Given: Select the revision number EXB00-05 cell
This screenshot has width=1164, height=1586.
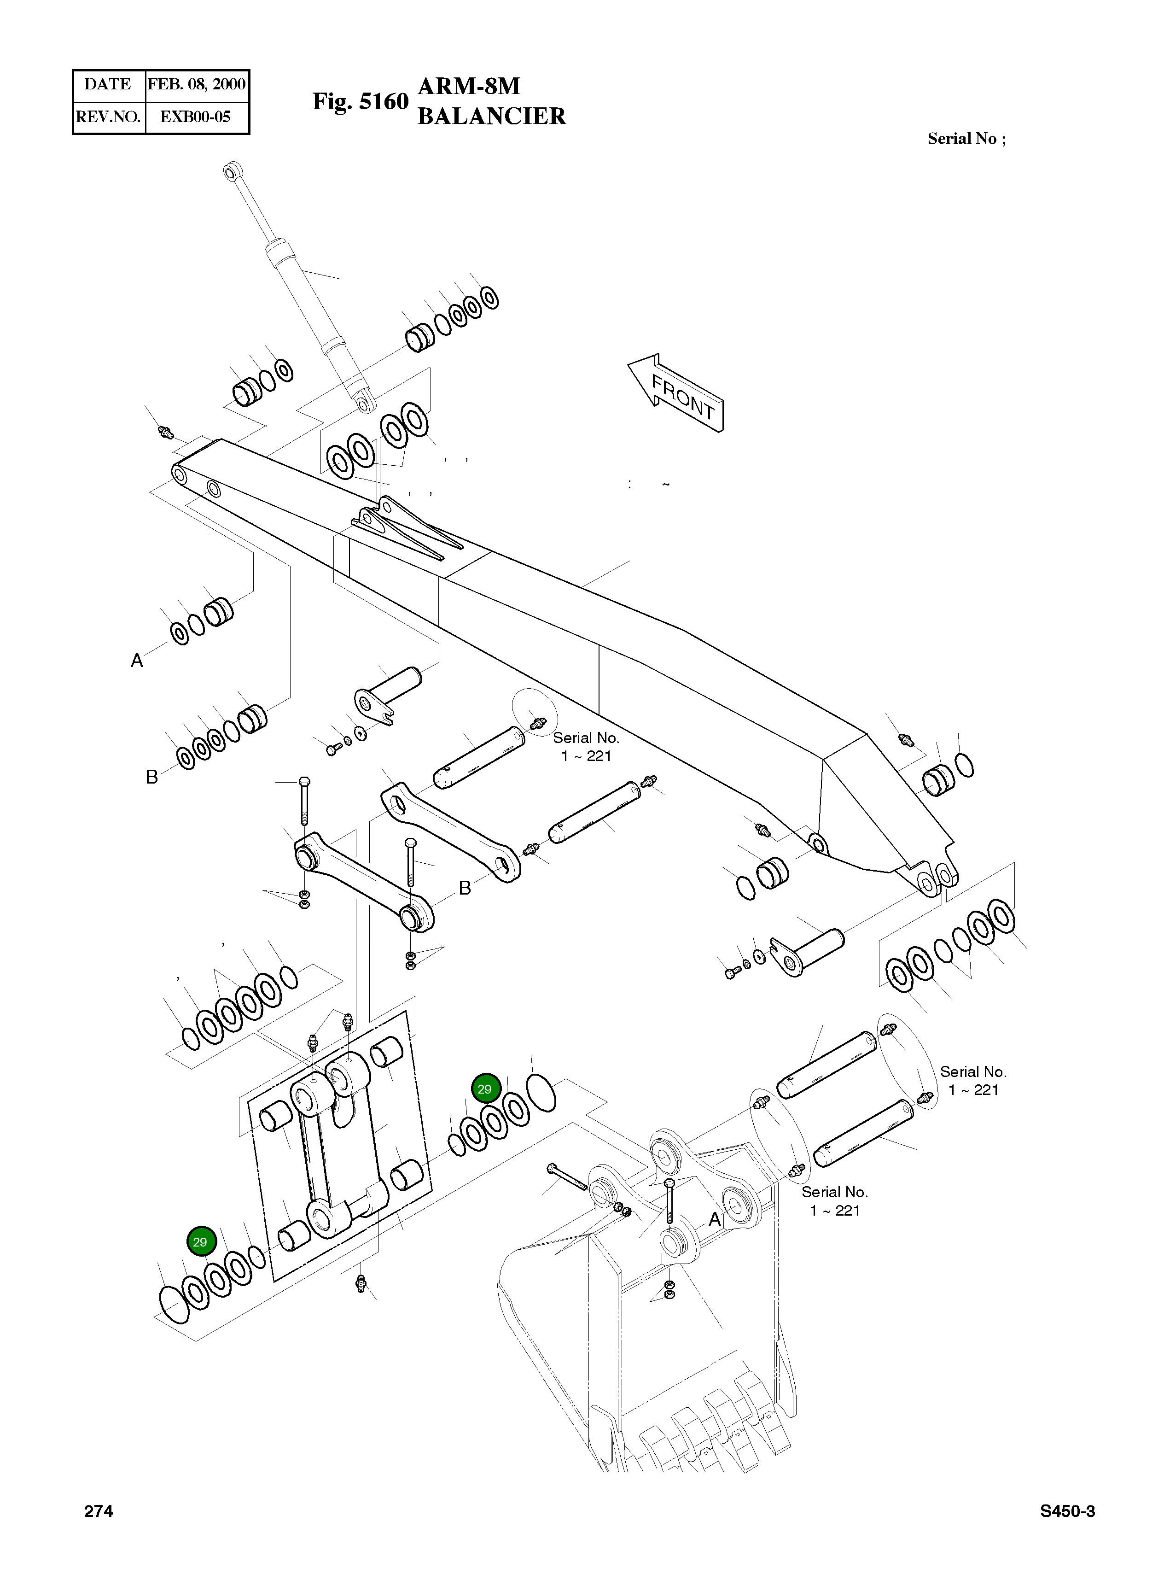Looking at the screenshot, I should (195, 117).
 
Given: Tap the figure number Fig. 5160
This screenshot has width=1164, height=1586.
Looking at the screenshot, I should (360, 101).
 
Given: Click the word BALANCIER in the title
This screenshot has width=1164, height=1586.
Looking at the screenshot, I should (491, 116).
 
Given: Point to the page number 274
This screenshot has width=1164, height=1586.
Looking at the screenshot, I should (98, 1510).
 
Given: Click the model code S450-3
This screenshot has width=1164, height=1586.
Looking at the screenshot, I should (1067, 1510).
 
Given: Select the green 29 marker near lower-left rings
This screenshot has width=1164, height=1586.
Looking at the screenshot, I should (200, 1241).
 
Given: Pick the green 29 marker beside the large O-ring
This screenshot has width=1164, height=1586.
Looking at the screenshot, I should (485, 1089).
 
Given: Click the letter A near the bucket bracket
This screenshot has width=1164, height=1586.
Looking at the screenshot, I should (715, 1219).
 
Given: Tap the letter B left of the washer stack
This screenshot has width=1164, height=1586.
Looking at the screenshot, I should (151, 777).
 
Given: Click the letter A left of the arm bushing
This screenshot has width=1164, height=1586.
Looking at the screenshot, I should (137, 661).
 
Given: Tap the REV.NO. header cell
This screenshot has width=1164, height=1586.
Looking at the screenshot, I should (108, 117).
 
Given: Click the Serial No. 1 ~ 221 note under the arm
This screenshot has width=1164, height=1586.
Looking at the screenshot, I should (586, 747).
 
